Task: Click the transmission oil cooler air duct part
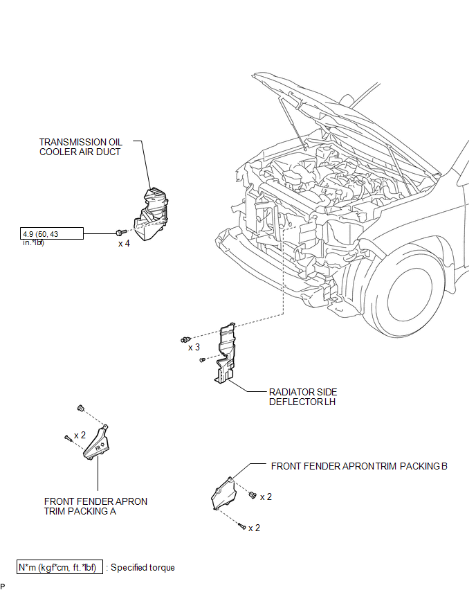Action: coord(151,215)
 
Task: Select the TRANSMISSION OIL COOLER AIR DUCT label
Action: coord(81,147)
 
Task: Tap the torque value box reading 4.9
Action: coord(51,233)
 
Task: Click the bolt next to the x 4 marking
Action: coord(120,233)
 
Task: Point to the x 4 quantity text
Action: coord(124,244)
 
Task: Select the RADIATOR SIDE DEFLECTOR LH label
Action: coord(303,397)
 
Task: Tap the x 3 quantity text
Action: coord(194,348)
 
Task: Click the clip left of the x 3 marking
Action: coord(185,340)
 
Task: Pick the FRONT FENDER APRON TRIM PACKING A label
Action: coord(95,506)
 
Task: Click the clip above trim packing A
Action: coord(80,408)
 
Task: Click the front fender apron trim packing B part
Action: coord(223,493)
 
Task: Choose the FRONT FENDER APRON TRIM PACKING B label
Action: coord(359,466)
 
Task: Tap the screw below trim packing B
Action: coord(242,526)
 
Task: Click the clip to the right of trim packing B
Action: coord(253,495)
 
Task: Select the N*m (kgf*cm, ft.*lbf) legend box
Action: coord(59,567)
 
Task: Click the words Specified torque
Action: coord(143,567)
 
